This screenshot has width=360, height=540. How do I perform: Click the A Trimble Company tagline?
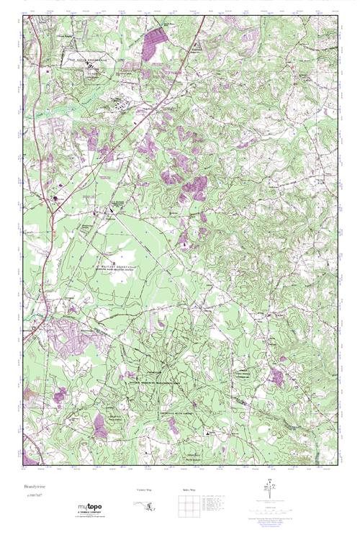pyautogui.click(x=87, y=513)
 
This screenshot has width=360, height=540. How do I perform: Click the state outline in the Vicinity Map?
pyautogui.click(x=145, y=507)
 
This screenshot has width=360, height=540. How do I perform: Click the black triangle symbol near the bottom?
pyautogui.click(x=207, y=433)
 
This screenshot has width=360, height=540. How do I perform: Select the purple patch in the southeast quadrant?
pyautogui.click(x=275, y=377)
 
